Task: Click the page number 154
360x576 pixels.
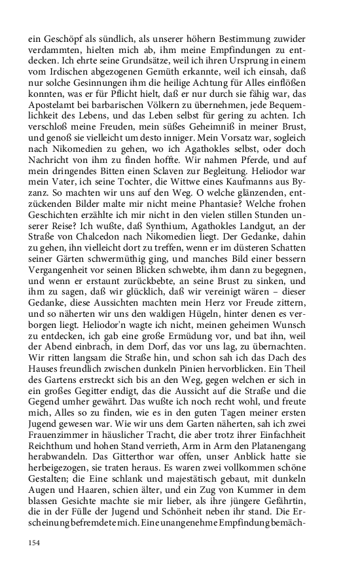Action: [x=35, y=543]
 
